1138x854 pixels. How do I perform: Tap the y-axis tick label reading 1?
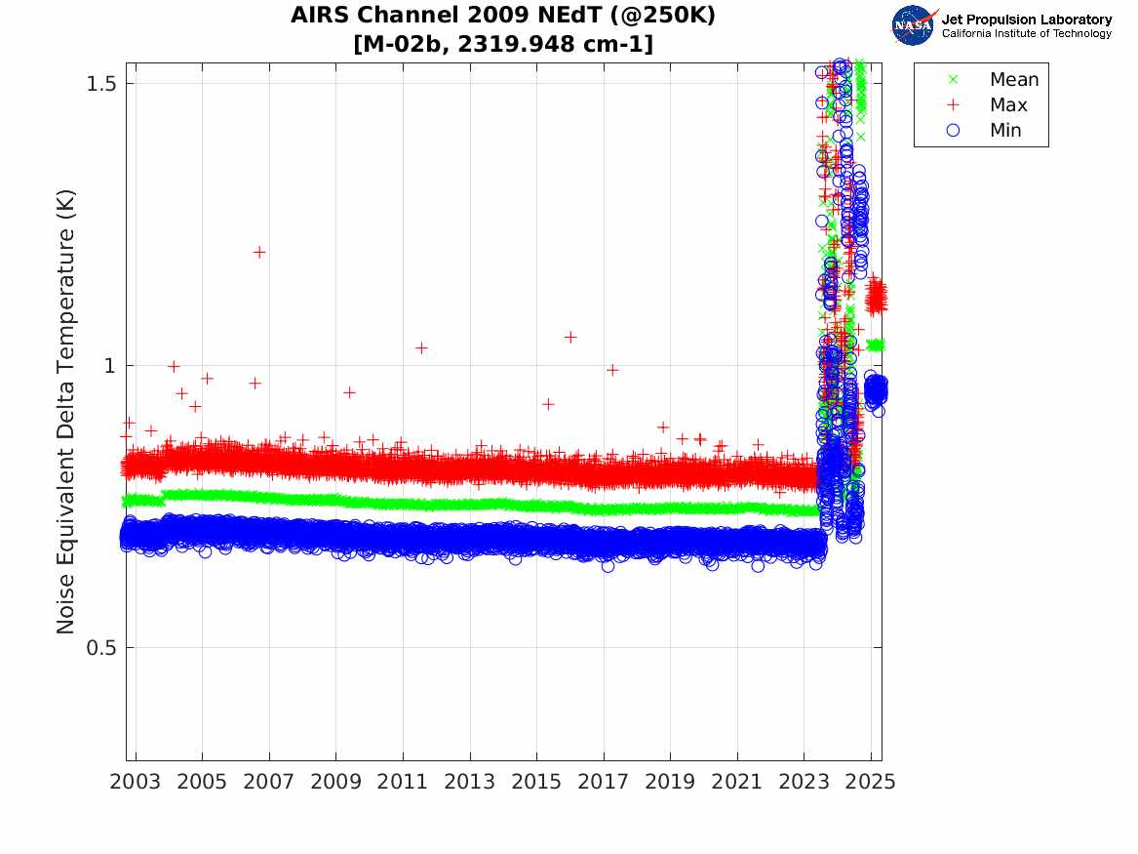(108, 366)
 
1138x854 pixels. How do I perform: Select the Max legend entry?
(1008, 105)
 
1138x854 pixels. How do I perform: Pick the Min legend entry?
(1005, 131)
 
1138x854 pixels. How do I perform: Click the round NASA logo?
(914, 25)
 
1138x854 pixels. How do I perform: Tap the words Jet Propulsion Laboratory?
(1026, 20)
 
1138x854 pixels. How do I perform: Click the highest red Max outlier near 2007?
(259, 252)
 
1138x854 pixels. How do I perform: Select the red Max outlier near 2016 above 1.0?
(570, 337)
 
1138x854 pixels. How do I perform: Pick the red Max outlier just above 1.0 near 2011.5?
(421, 347)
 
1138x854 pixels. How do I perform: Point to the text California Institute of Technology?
(1026, 34)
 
